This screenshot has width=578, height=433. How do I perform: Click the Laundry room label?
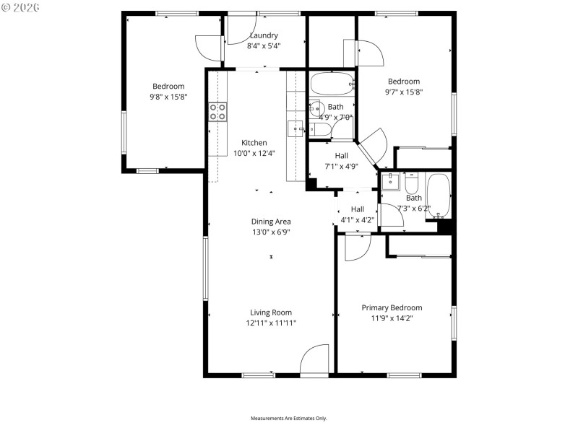click(x=264, y=35)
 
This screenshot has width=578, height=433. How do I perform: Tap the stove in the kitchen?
click(x=217, y=111)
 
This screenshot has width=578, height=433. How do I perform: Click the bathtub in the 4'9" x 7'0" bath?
click(x=332, y=84)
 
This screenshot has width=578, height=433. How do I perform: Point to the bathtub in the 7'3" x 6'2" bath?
click(x=439, y=196)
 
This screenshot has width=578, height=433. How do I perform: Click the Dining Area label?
click(x=271, y=222)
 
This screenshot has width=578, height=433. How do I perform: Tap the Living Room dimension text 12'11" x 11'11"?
click(x=271, y=323)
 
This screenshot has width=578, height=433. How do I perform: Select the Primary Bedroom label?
click(x=392, y=307)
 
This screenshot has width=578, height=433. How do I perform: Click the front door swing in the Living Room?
click(x=314, y=360)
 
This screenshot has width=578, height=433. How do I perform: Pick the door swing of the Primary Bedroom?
click(x=357, y=248)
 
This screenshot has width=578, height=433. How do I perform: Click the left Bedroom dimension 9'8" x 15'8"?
click(x=168, y=96)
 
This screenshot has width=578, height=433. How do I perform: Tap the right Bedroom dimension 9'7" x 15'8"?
click(x=403, y=92)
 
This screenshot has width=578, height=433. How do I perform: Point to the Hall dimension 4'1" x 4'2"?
click(x=357, y=219)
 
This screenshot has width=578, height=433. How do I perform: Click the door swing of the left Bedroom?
click(x=210, y=48)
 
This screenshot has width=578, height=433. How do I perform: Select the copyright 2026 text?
click(x=21, y=7)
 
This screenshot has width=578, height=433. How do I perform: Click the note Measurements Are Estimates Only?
click(x=288, y=419)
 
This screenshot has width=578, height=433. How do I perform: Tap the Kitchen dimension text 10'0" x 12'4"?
click(x=254, y=153)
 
